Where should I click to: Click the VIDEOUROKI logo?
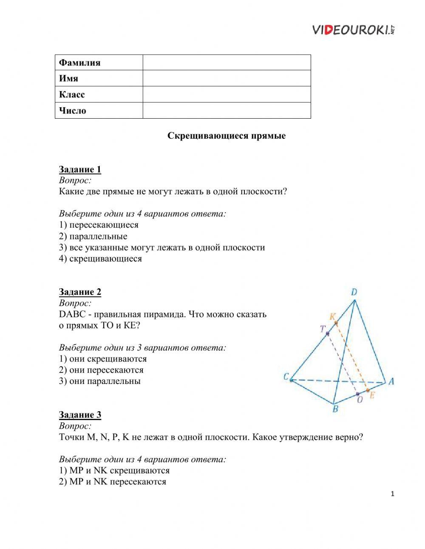354,29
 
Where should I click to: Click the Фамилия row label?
80,63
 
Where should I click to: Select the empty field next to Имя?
227,78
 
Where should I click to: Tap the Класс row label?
72,94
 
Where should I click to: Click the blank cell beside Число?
227,111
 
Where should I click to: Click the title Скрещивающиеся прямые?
226,136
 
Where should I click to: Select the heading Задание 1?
80,169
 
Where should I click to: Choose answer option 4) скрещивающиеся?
100,259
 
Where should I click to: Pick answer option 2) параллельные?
93,236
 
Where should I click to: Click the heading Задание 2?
80,292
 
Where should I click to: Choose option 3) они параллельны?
99,381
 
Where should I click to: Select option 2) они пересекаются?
101,370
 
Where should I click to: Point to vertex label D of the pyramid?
354,292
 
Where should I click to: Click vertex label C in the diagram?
286,376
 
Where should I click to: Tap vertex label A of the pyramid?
391,381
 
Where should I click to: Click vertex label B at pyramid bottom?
335,410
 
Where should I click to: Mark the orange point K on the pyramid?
336,323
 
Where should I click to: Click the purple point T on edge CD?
328,334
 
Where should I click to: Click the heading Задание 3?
80,415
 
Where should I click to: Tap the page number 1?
392,494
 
